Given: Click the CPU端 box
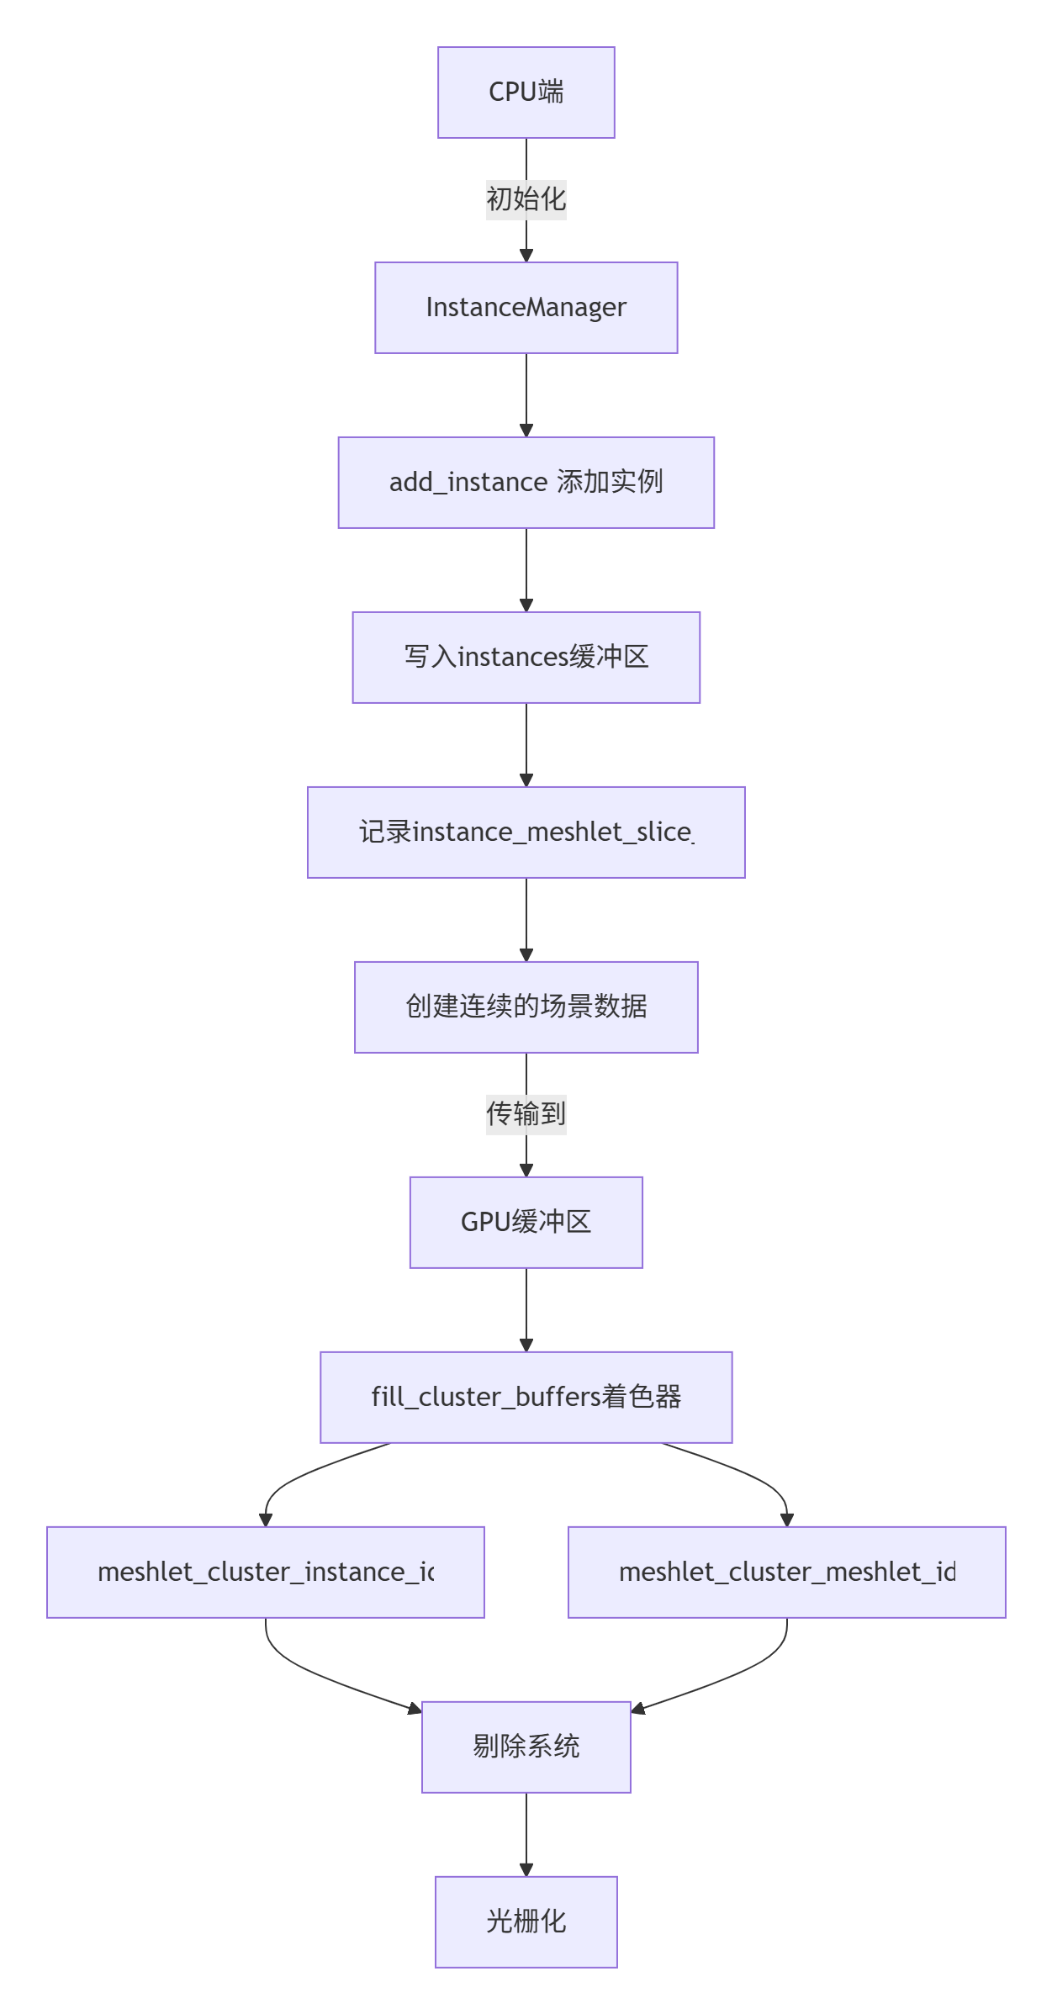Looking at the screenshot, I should point(526,93).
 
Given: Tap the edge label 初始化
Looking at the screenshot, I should point(526,199).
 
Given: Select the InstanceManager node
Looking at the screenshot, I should point(526,308).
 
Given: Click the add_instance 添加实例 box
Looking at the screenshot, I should point(526,483).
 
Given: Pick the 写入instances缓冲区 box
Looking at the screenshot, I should point(526,658).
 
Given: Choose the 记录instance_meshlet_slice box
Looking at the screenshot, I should point(526,833).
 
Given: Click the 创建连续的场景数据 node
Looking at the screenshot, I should point(526,1007).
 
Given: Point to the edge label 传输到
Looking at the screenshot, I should point(526,1114).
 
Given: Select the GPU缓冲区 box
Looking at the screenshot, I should point(526,1223).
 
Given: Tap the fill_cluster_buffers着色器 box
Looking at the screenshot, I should point(526,1398).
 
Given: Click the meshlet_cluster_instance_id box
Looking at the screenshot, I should point(266,1573).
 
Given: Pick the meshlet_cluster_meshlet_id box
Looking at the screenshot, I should point(786,1573).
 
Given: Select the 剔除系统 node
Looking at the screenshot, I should point(526,1747).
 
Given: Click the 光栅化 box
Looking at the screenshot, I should point(526,1922).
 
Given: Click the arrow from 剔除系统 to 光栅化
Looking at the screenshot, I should point(526,1833).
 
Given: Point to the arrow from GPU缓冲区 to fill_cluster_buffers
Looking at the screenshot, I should point(526,1308).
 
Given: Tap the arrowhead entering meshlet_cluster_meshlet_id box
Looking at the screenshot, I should point(786,1520).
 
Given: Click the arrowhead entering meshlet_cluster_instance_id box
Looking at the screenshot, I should point(266,1520).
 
